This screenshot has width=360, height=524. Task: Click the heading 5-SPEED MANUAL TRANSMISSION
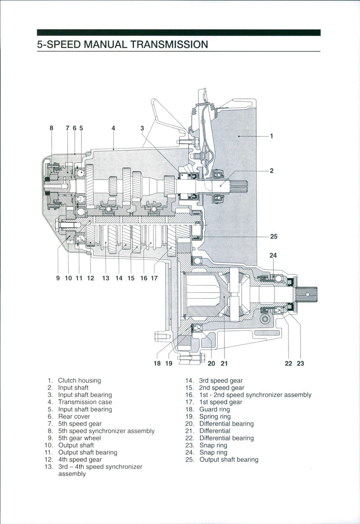tap(122, 45)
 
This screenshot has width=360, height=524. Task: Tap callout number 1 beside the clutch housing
tap(271, 135)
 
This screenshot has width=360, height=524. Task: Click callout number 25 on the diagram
tap(274, 236)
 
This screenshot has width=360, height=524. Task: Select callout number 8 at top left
tap(51, 128)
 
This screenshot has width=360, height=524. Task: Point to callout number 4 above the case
tap(113, 128)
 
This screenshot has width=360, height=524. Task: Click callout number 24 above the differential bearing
tap(273, 255)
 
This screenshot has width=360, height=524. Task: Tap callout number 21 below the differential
tap(224, 363)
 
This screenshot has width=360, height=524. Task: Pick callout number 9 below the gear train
tap(58, 278)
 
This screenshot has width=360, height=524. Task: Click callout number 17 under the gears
tap(154, 278)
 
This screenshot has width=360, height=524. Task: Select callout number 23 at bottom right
tap(300, 363)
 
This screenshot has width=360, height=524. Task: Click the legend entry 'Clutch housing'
tap(79, 380)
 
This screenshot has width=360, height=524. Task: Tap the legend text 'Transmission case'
tap(85, 402)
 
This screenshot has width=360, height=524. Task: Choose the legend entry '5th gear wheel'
tap(80, 438)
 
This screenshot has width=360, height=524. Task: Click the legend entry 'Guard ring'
tap(214, 409)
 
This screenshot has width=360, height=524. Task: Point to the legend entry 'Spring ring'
tap(215, 416)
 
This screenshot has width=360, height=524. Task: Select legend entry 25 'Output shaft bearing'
tap(229, 460)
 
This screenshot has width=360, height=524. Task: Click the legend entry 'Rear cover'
tap(74, 416)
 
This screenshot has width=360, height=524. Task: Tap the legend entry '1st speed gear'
tap(220, 402)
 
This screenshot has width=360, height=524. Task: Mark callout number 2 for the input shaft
tap(271, 171)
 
